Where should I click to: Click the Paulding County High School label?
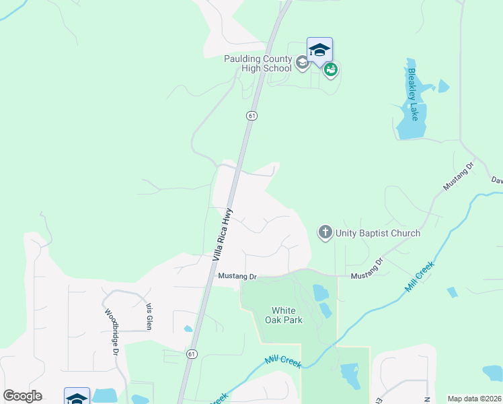point(258,63)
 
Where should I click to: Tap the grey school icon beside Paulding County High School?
point(302,63)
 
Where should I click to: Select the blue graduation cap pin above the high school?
point(319,50)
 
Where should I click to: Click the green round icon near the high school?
point(330,69)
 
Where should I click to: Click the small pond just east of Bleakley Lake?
point(443,86)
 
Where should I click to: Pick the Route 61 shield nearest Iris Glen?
point(192,354)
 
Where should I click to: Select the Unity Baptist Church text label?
point(379,233)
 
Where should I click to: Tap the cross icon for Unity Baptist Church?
point(325,233)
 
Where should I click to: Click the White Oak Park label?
point(287,315)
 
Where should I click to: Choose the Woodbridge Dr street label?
point(112,333)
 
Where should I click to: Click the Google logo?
point(22,396)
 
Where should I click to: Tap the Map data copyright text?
point(474,399)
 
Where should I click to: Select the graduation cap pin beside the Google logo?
point(77,397)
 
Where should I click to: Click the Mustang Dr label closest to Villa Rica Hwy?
point(237,276)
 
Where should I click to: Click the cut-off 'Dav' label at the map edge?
point(496,180)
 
